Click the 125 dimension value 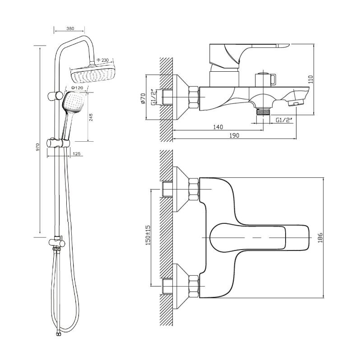pos(76,154)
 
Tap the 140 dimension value pos(218,127)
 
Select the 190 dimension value pos(233,136)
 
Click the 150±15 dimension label pos(147,235)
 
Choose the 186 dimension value pos(320,237)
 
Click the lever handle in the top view pos(257,237)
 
